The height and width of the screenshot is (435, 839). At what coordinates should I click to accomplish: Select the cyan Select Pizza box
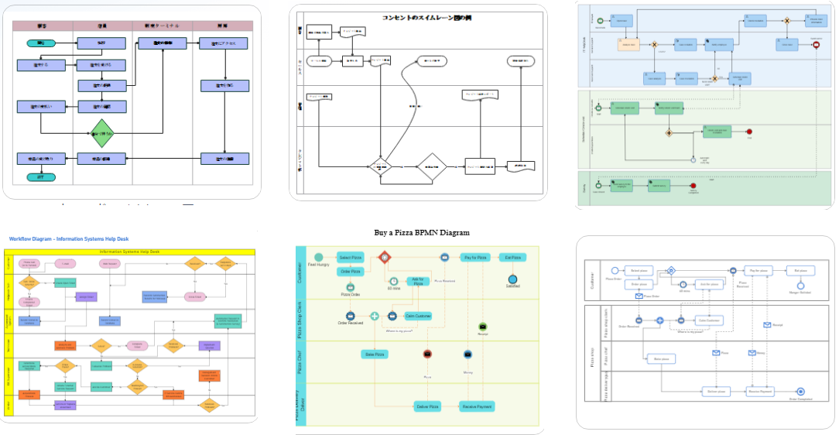[351, 257]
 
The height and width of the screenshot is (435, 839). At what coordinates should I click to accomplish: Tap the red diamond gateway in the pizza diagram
[384, 257]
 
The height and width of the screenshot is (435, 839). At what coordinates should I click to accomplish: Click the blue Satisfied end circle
[512, 279]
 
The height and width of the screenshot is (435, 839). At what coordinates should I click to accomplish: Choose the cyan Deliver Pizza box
[428, 406]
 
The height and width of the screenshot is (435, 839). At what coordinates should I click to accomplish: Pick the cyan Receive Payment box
[477, 406]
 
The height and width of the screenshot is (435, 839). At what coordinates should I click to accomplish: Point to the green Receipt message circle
[483, 327]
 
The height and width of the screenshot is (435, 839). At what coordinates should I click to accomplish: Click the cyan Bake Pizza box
[375, 354]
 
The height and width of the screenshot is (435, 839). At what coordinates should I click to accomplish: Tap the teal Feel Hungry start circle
[318, 257]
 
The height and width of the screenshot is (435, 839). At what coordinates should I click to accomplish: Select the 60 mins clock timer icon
[393, 282]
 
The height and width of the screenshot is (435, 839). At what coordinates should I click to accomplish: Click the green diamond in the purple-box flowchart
[101, 134]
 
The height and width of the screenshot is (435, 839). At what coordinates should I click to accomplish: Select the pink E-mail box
[66, 264]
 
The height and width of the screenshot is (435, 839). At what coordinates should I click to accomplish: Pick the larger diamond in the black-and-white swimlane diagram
[431, 166]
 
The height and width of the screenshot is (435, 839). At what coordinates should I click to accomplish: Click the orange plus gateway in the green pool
[669, 132]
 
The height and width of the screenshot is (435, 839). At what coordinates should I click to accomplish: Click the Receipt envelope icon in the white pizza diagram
[767, 324]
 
